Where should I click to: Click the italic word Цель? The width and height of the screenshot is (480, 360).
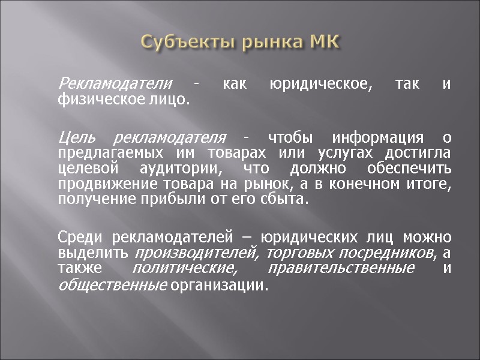tap(75, 137)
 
